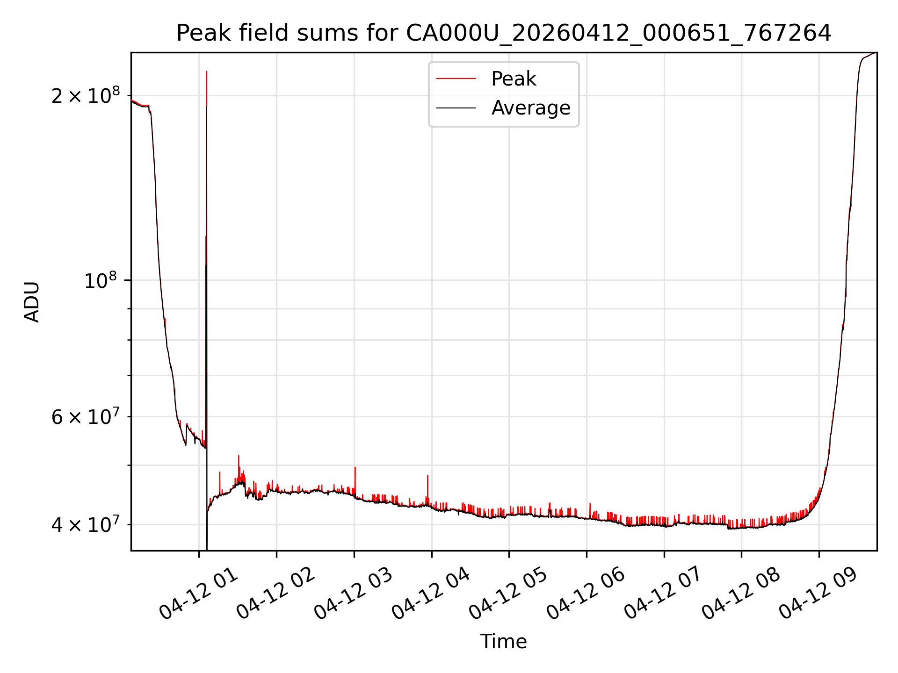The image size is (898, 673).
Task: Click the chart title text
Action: (504, 33)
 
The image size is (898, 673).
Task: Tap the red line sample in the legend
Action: (456, 79)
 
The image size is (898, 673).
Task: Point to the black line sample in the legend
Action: (456, 108)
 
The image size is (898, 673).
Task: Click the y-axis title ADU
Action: (32, 301)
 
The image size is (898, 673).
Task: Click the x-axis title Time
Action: (504, 642)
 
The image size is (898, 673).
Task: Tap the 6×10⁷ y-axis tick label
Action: (86, 416)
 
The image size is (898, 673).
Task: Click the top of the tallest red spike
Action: (207, 72)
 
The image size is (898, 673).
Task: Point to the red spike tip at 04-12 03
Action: (355, 467)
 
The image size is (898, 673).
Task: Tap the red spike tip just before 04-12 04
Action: (427, 475)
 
